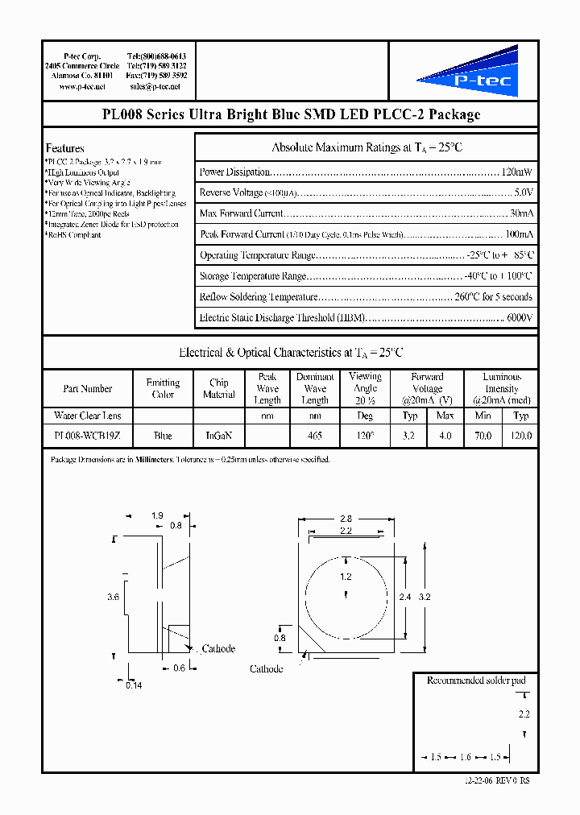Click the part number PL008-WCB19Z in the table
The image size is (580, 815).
point(87,436)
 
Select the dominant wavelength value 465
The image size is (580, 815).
point(315,436)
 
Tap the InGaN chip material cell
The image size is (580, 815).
point(219,436)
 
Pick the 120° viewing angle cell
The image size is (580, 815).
point(365,436)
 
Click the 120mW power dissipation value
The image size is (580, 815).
point(516,172)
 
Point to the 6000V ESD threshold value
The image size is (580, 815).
point(519,318)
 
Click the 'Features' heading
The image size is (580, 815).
point(65,148)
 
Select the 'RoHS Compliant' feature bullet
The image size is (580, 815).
point(74,235)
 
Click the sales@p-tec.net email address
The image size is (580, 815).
point(155,86)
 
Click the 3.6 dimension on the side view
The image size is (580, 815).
point(114,597)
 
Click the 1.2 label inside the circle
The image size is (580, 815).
point(346,577)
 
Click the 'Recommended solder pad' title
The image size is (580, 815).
point(475,681)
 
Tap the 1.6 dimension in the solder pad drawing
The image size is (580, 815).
point(466,757)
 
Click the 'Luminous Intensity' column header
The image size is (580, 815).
point(501,388)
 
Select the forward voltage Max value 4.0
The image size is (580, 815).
point(445,436)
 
